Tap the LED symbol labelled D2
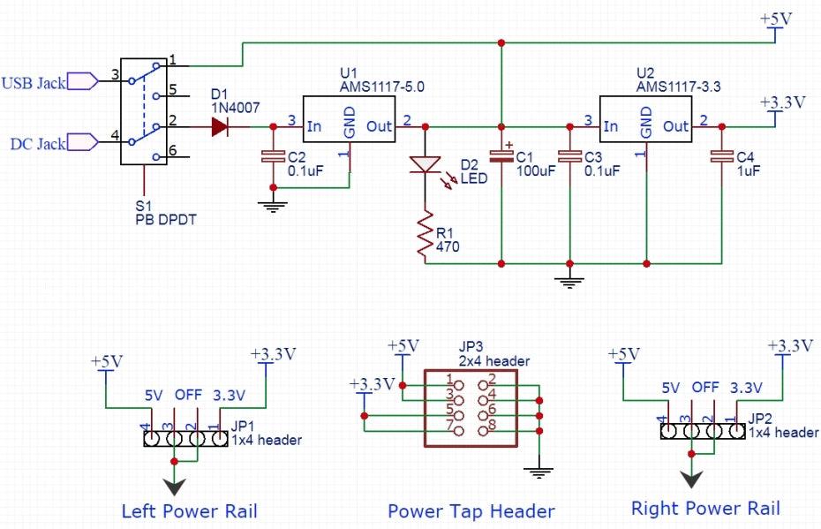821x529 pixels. click(426, 165)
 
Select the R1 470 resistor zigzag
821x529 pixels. click(426, 235)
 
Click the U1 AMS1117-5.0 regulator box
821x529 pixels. click(350, 125)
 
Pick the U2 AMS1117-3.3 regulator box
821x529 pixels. click(646, 125)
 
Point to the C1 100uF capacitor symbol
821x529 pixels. click(501, 156)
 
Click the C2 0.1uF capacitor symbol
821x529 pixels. click(273, 157)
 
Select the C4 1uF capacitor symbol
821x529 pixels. click(722, 157)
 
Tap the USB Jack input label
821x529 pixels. click(34, 83)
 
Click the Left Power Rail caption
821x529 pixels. click(189, 510)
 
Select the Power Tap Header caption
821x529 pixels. click(471, 511)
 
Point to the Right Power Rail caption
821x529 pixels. click(705, 508)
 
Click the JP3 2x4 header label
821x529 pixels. click(494, 354)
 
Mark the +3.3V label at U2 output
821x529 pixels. click(782, 102)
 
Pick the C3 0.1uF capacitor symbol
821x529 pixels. click(569, 157)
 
